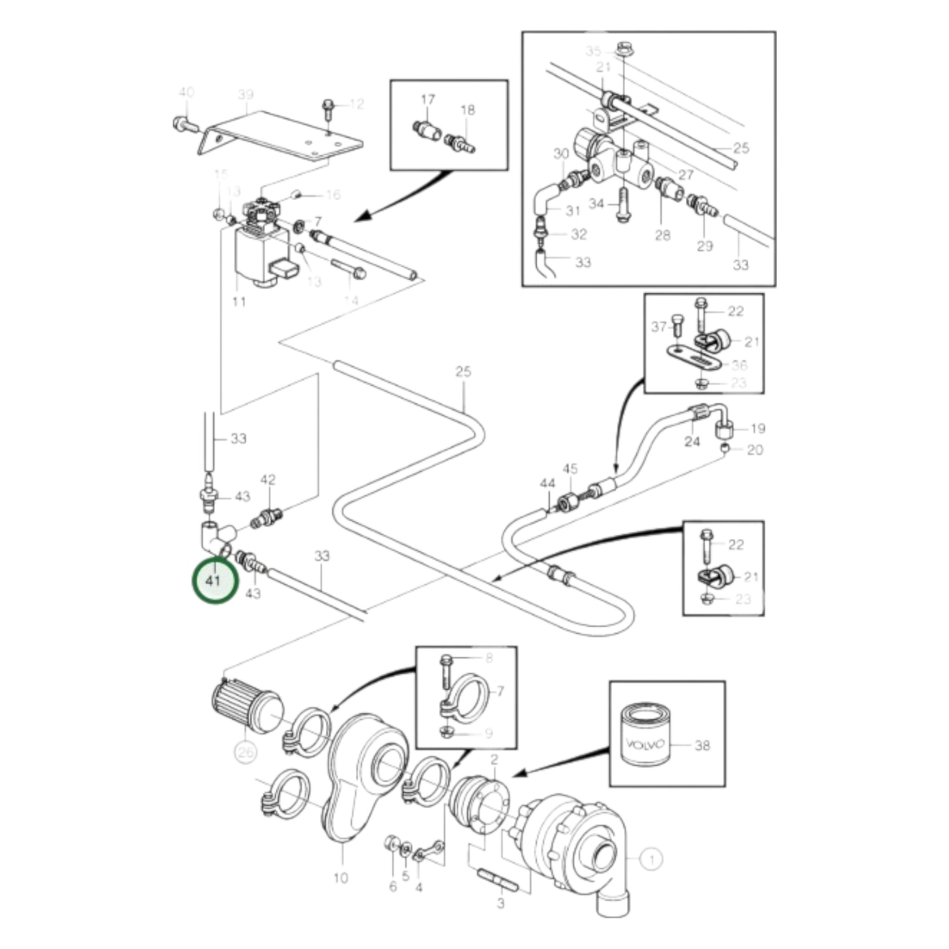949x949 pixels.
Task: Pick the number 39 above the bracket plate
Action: pyautogui.click(x=246, y=95)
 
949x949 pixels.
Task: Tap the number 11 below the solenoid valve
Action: pyautogui.click(x=239, y=301)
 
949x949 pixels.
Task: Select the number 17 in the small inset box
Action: pyautogui.click(x=428, y=99)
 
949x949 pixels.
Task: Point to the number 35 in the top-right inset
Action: pyautogui.click(x=593, y=51)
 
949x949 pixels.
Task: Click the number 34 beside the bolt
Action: pyautogui.click(x=596, y=203)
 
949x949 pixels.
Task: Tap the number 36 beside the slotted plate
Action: pyautogui.click(x=739, y=365)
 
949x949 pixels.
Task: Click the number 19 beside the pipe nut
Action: pyautogui.click(x=758, y=428)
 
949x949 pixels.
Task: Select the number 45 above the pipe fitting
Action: pyautogui.click(x=570, y=469)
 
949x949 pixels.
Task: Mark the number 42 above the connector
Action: pyautogui.click(x=268, y=479)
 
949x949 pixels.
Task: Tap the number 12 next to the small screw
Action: pyautogui.click(x=356, y=104)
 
